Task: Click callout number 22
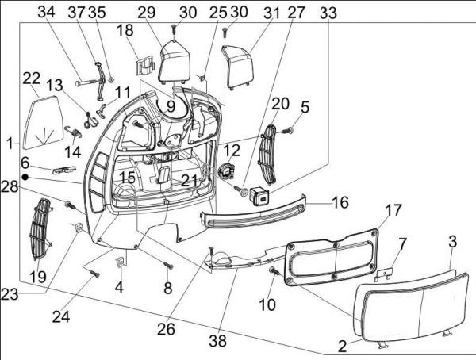pos(31,79)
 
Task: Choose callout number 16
pos(340,203)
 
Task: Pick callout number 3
pos(452,240)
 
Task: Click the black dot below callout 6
pos(25,177)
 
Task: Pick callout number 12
pos(231,150)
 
